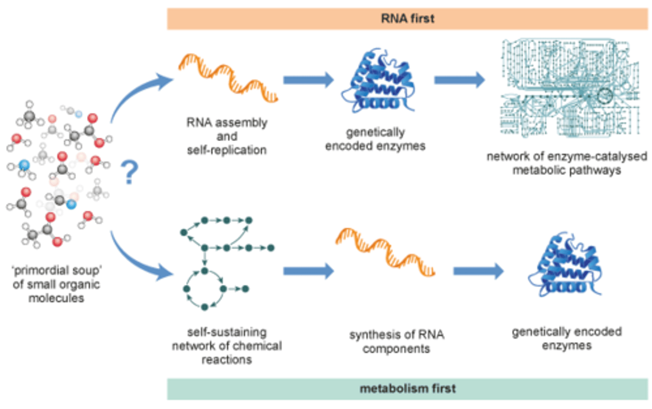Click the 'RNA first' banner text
pyautogui.click(x=407, y=19)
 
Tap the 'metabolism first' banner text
pyautogui.click(x=407, y=389)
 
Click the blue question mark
pyautogui.click(x=129, y=172)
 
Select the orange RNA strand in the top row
pyautogui.click(x=228, y=78)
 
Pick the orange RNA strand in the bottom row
pyautogui.click(x=385, y=252)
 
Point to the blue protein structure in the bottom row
pyautogui.click(x=565, y=264)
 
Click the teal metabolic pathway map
pyautogui.click(x=570, y=87)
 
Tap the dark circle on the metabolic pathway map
pyautogui.click(x=605, y=95)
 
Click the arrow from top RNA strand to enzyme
pyautogui.click(x=308, y=80)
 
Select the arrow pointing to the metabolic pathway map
pyautogui.click(x=460, y=80)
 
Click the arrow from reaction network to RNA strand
pyautogui.click(x=308, y=271)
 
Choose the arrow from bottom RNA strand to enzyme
pyautogui.click(x=479, y=271)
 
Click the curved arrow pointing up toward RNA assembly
pyautogui.click(x=131, y=93)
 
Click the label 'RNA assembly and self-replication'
pyautogui.click(x=227, y=137)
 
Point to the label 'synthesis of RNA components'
pyautogui.click(x=397, y=342)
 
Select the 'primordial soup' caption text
pyautogui.click(x=57, y=284)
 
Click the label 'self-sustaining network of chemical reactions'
pyautogui.click(x=227, y=346)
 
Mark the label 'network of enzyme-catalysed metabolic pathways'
pyautogui.click(x=567, y=163)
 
